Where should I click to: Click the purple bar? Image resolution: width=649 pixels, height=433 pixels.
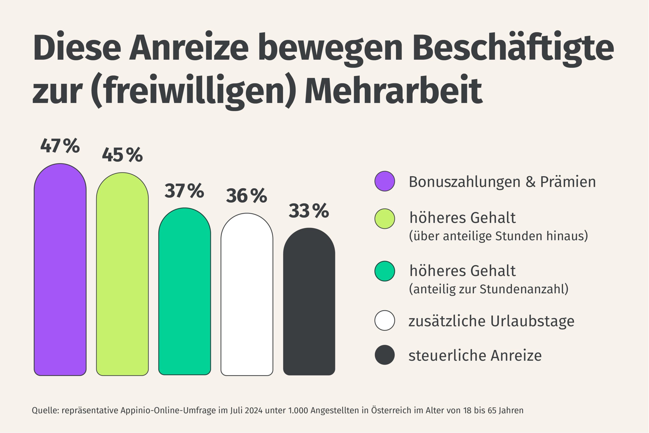tap(60, 271)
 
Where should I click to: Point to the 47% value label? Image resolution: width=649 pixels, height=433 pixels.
tap(60, 146)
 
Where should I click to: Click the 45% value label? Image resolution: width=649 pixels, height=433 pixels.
tap(122, 155)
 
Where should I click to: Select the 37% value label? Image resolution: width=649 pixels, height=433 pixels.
tap(184, 191)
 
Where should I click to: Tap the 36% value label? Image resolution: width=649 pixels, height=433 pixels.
tap(246, 196)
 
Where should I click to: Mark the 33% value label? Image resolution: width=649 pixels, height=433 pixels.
tap(309, 211)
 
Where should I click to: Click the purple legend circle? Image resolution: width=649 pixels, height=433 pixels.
tap(384, 181)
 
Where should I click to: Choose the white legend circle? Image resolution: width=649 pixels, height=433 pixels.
tap(384, 320)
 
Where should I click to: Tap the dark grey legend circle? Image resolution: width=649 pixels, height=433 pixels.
tap(384, 355)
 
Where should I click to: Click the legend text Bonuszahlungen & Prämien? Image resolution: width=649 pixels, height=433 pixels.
tap(502, 182)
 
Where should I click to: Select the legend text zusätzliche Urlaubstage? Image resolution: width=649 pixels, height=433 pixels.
tap(491, 321)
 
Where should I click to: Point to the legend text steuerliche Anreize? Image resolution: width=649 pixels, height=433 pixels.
tap(475, 355)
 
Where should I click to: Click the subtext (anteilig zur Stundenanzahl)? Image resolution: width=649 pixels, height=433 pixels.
tap(489, 289)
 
